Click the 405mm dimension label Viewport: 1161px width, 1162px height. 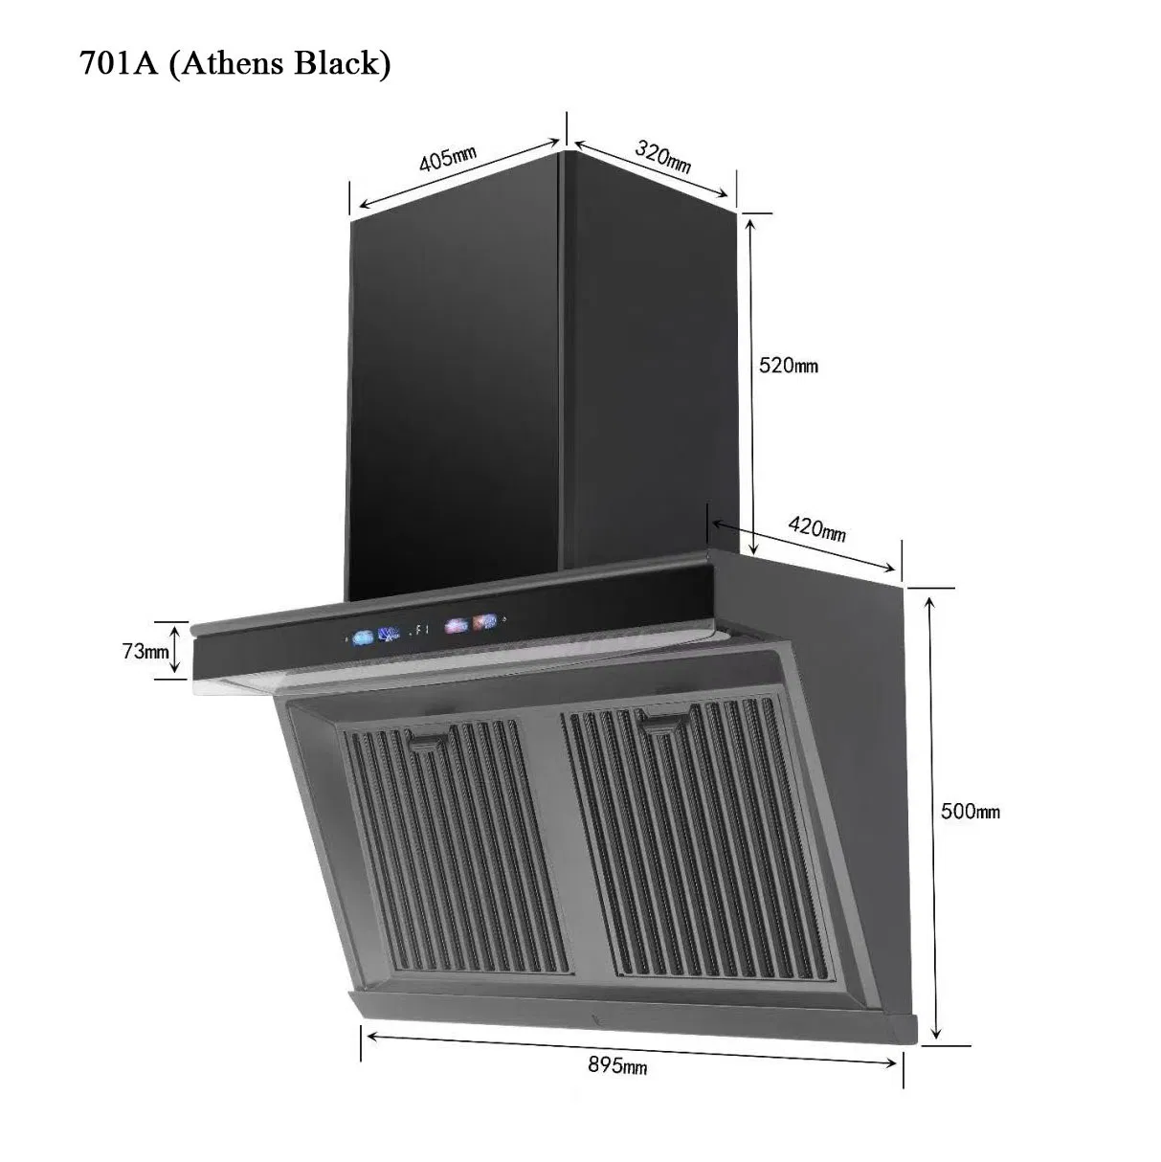447,159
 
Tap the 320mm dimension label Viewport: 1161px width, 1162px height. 662,156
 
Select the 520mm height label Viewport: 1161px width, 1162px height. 788,365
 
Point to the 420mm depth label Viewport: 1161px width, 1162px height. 816,527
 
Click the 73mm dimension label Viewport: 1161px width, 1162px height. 144,651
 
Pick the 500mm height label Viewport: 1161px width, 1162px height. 970,811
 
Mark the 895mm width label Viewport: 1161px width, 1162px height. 617,1065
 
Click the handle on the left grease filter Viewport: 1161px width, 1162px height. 431,739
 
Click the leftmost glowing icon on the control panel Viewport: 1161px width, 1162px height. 363,637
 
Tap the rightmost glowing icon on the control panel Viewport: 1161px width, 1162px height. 485,623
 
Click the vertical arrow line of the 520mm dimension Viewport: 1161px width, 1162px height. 752,383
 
